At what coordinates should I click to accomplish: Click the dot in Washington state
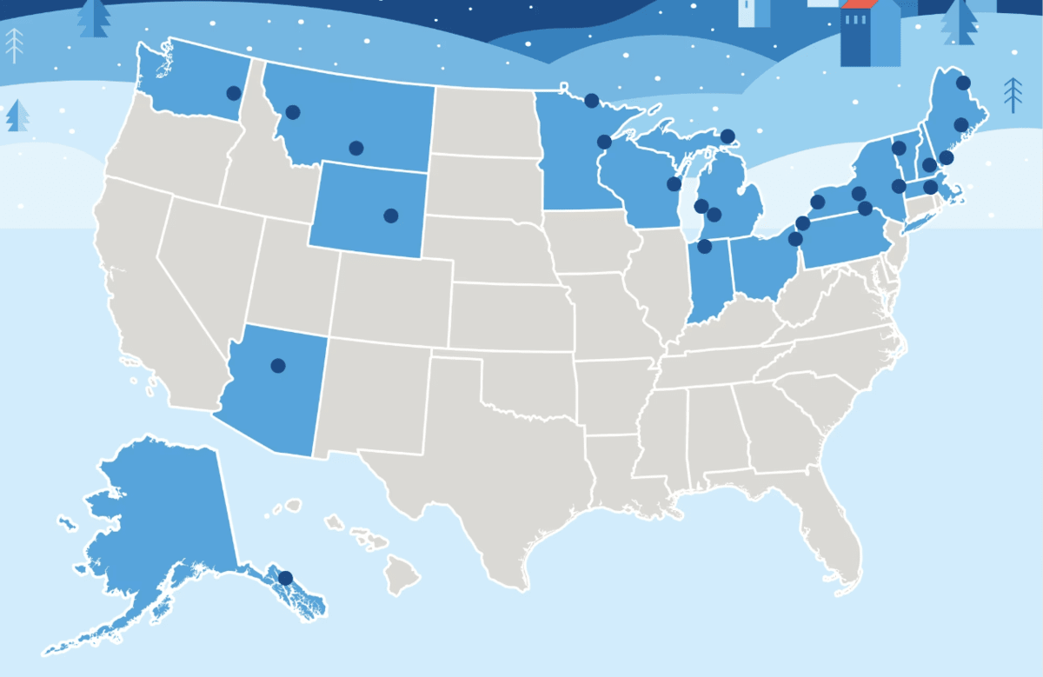(233, 93)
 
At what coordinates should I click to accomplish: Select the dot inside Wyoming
(391, 216)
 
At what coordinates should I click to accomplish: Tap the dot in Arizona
(278, 366)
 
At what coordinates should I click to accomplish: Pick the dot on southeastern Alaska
(285, 578)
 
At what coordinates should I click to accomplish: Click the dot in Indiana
(705, 247)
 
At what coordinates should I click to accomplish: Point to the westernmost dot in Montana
(293, 112)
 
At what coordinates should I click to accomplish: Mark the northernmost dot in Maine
(963, 83)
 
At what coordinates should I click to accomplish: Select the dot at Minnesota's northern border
(592, 100)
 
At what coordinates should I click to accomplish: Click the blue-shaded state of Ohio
(762, 269)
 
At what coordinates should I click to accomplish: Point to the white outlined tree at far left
(15, 44)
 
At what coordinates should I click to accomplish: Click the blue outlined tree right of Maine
(1013, 95)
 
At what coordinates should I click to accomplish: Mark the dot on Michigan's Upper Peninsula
(727, 136)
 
